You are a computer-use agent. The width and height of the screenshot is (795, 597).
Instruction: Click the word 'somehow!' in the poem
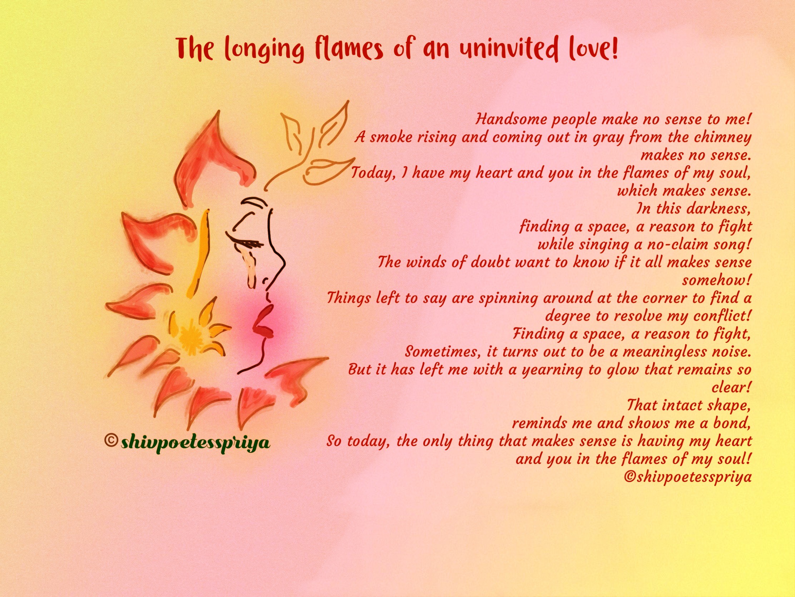(717, 280)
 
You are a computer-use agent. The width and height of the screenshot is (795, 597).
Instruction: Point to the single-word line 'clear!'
(731, 387)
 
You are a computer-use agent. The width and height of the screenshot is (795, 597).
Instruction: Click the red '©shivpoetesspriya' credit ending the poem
(688, 477)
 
